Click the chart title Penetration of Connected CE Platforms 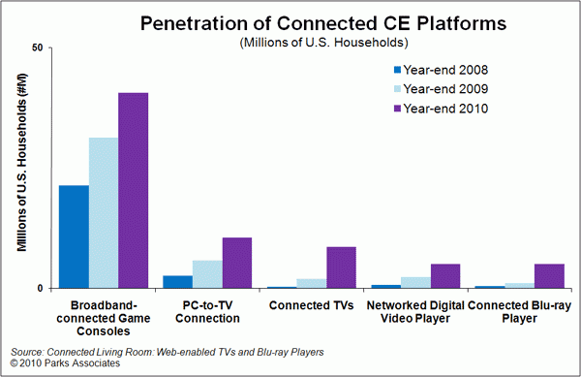[x=323, y=23]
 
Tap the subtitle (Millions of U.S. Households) [x=323, y=43]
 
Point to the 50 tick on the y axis [x=37, y=47]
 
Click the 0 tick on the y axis [x=40, y=289]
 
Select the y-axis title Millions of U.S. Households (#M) [x=22, y=163]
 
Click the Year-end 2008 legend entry [x=441, y=70]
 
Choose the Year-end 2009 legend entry [x=441, y=89]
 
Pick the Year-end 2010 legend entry [x=441, y=109]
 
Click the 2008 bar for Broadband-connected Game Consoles [x=75, y=236]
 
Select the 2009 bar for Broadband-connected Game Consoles [x=104, y=213]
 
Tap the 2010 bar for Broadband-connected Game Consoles [x=134, y=191]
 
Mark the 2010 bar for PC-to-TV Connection [x=237, y=263]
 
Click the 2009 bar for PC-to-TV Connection [x=207, y=274]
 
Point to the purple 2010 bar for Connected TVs [x=341, y=267]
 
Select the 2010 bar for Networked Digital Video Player [x=445, y=276]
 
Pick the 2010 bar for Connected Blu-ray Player [x=549, y=276]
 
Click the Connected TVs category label [x=311, y=305]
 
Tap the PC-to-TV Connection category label [x=207, y=312]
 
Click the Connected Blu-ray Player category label [x=519, y=312]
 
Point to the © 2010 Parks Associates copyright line [x=65, y=363]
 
